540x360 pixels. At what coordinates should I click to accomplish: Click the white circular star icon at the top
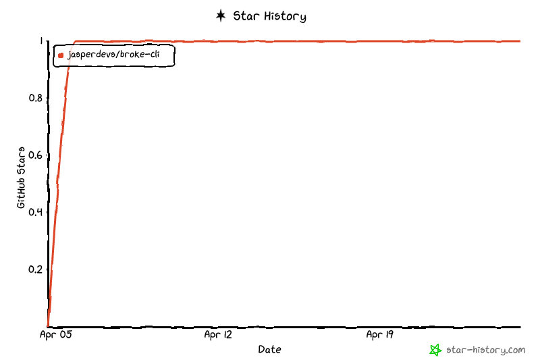pos(221,16)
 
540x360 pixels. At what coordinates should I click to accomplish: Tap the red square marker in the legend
pos(61,55)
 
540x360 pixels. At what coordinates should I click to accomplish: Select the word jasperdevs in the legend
pos(91,55)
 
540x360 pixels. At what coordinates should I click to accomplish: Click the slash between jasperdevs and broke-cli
pos(117,55)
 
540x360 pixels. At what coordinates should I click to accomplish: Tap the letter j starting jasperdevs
pos(69,55)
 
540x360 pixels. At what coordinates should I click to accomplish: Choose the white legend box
pos(114,56)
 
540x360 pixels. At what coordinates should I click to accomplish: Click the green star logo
pos(435,350)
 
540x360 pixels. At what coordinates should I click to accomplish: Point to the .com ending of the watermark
pos(516,350)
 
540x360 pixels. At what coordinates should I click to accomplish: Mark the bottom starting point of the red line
pos(47,326)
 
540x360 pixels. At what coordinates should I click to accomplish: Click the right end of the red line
pos(520,41)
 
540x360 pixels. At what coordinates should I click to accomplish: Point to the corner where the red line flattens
pos(74,41)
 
